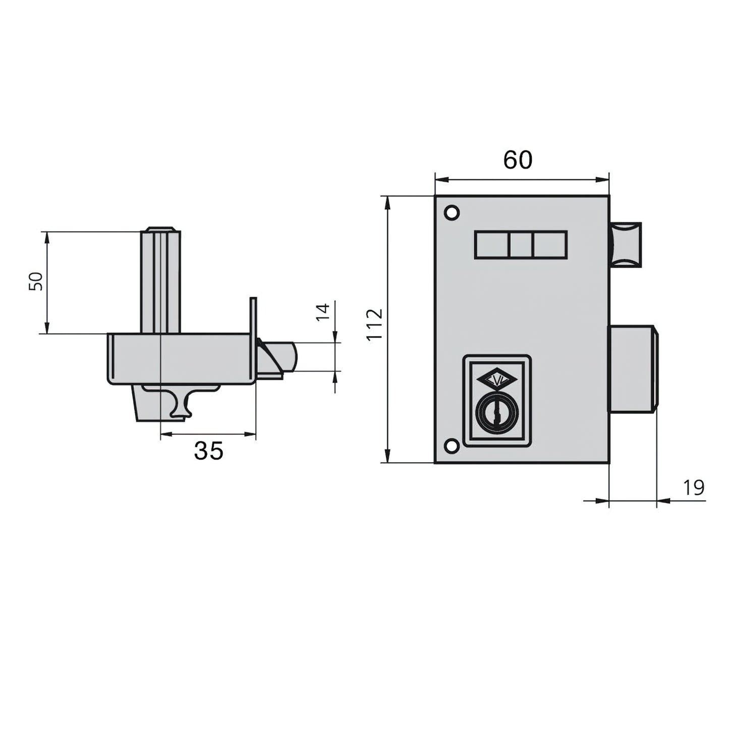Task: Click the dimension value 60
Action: tap(518, 160)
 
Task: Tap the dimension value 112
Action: tap(375, 325)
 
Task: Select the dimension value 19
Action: tap(694, 488)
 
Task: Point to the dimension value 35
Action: tap(208, 451)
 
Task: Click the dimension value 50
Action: tap(35, 281)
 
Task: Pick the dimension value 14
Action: tap(323, 311)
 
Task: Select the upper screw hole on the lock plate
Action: tap(452, 212)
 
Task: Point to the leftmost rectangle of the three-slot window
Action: tap(491, 245)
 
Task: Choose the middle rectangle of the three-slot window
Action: tap(521, 245)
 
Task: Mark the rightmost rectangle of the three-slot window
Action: tap(550, 245)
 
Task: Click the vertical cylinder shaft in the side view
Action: tap(160, 281)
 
